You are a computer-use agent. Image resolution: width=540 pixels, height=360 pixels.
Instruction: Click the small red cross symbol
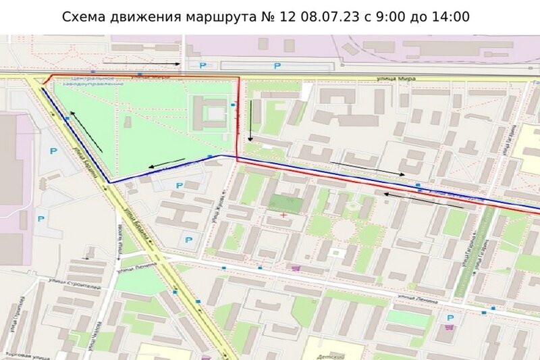click(283, 215)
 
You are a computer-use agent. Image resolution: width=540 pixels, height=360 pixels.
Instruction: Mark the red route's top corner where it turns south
click(238, 78)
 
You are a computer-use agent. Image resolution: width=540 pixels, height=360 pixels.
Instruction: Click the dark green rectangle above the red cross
click(284, 203)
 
